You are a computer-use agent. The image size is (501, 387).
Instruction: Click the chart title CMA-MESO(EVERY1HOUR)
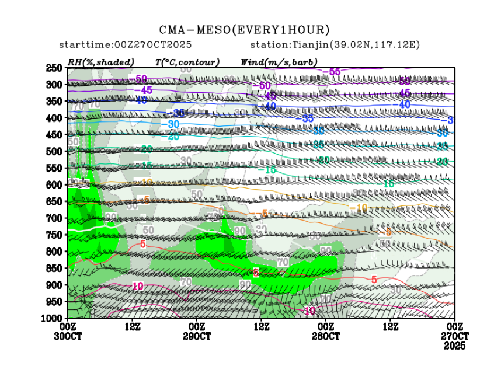click(245, 30)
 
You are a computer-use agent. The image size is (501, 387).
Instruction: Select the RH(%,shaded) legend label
click(100, 62)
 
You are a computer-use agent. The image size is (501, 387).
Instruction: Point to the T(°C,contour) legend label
click(187, 62)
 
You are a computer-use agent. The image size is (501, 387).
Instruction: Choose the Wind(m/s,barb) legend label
click(279, 62)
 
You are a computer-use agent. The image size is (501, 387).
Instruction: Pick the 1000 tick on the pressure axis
click(54, 318)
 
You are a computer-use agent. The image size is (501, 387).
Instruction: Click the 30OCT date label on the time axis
click(68, 337)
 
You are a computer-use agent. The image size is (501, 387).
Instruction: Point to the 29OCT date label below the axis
click(197, 337)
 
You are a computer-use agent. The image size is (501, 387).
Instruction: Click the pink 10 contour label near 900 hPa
click(138, 286)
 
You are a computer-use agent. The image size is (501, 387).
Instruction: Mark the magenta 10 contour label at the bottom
click(310, 311)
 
